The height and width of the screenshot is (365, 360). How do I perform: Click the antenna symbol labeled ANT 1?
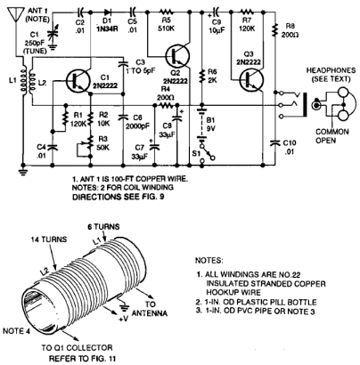pyautogui.click(x=15, y=13)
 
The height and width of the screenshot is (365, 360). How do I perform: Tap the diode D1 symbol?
pyautogui.click(x=108, y=12)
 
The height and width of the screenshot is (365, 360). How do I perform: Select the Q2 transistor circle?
pyautogui.click(x=177, y=55)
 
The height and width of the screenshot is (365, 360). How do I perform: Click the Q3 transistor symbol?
pyautogui.click(x=252, y=79)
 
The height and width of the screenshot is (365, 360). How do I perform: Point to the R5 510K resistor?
pyautogui.click(x=167, y=12)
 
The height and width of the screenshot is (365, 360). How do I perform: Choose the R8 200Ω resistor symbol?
pyautogui.click(x=275, y=29)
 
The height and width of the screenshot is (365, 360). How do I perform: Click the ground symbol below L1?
pyautogui.click(x=22, y=172)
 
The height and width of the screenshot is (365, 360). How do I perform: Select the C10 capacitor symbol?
pyautogui.click(x=275, y=143)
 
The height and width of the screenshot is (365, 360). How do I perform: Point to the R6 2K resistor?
pyautogui.click(x=202, y=76)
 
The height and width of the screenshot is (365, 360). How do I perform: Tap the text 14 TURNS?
pyautogui.click(x=49, y=239)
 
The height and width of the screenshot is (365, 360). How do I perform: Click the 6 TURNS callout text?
pyautogui.click(x=103, y=227)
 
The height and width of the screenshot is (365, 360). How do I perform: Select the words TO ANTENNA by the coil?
pyautogui.click(x=150, y=309)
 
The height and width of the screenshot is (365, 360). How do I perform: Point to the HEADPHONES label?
pyautogui.click(x=331, y=70)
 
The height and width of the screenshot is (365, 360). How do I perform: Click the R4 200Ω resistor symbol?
pyautogui.click(x=167, y=105)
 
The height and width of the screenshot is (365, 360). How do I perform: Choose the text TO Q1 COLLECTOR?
pyautogui.click(x=77, y=347)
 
